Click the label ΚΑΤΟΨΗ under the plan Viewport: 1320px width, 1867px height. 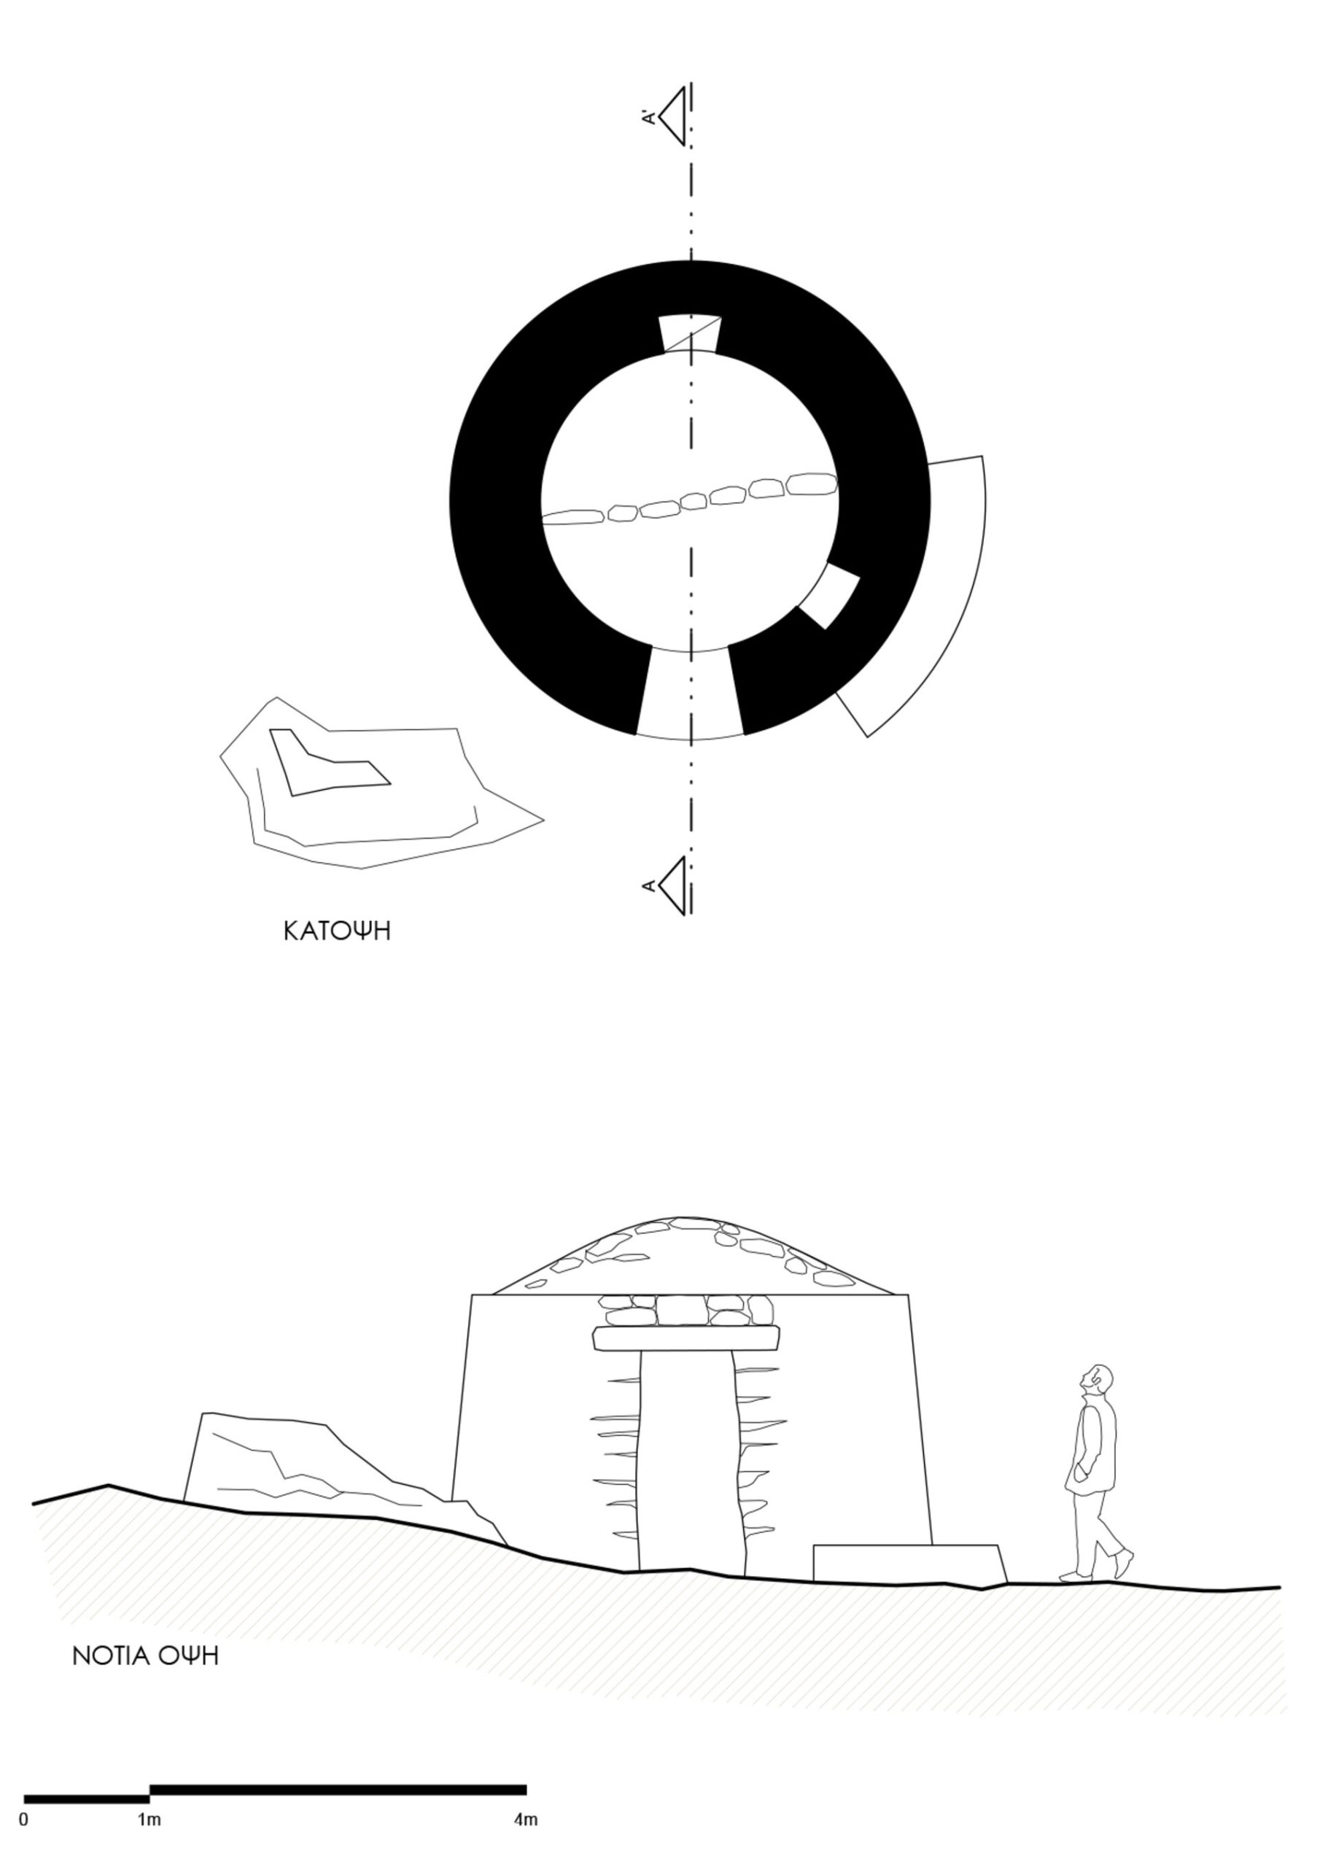[x=337, y=931]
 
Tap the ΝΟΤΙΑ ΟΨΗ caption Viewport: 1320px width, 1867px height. [x=146, y=1656]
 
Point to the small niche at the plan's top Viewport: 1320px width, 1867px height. [x=690, y=333]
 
